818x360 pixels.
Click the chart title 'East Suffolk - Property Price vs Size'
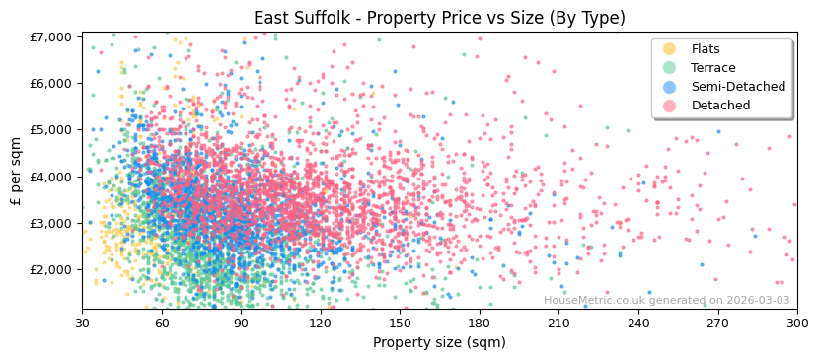[x=438, y=18]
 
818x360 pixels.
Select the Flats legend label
[x=706, y=49]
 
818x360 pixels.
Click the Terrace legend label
[x=713, y=68]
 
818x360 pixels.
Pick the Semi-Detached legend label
[x=738, y=87]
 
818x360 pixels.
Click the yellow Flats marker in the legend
[x=670, y=49]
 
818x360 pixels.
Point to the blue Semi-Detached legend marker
[x=670, y=87]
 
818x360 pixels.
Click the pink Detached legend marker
[x=670, y=106]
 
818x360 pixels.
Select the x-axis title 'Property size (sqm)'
[x=440, y=343]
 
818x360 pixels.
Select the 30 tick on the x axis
[x=82, y=324]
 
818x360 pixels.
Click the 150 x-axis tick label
[x=400, y=324]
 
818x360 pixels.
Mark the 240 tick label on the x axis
[x=638, y=324]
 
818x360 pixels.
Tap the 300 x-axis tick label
[x=797, y=324]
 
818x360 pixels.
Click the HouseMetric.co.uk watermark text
[x=666, y=301]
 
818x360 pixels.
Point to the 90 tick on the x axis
[x=241, y=324]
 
